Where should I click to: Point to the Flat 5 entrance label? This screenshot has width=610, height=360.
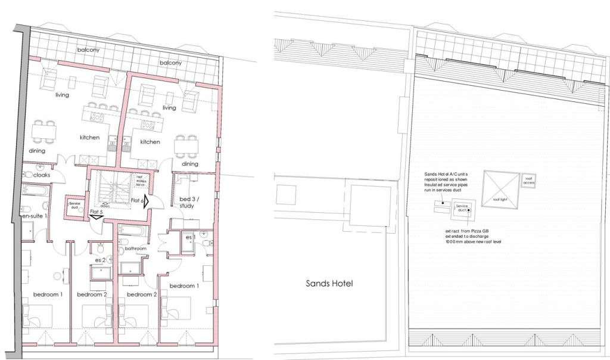coord(97,212)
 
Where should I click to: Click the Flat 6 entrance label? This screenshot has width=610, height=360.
coord(137,201)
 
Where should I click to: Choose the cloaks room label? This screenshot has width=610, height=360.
coord(41,175)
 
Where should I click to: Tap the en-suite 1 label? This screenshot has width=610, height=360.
coord(35,215)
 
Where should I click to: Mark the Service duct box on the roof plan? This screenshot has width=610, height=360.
coord(462,209)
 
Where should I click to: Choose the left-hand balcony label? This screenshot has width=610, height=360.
coord(88,50)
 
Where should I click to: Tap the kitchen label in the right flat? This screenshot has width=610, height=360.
coord(150,142)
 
